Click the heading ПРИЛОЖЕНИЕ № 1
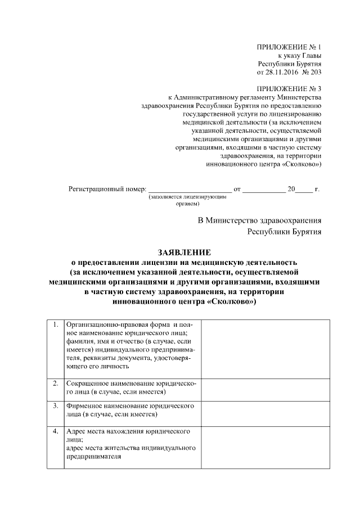pyautogui.click(x=289, y=47)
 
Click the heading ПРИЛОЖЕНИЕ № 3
pyautogui.click(x=289, y=89)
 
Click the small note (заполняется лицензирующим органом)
pyautogui.click(x=187, y=201)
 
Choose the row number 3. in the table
pyautogui.click(x=56, y=405)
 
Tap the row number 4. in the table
pyautogui.click(x=56, y=432)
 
